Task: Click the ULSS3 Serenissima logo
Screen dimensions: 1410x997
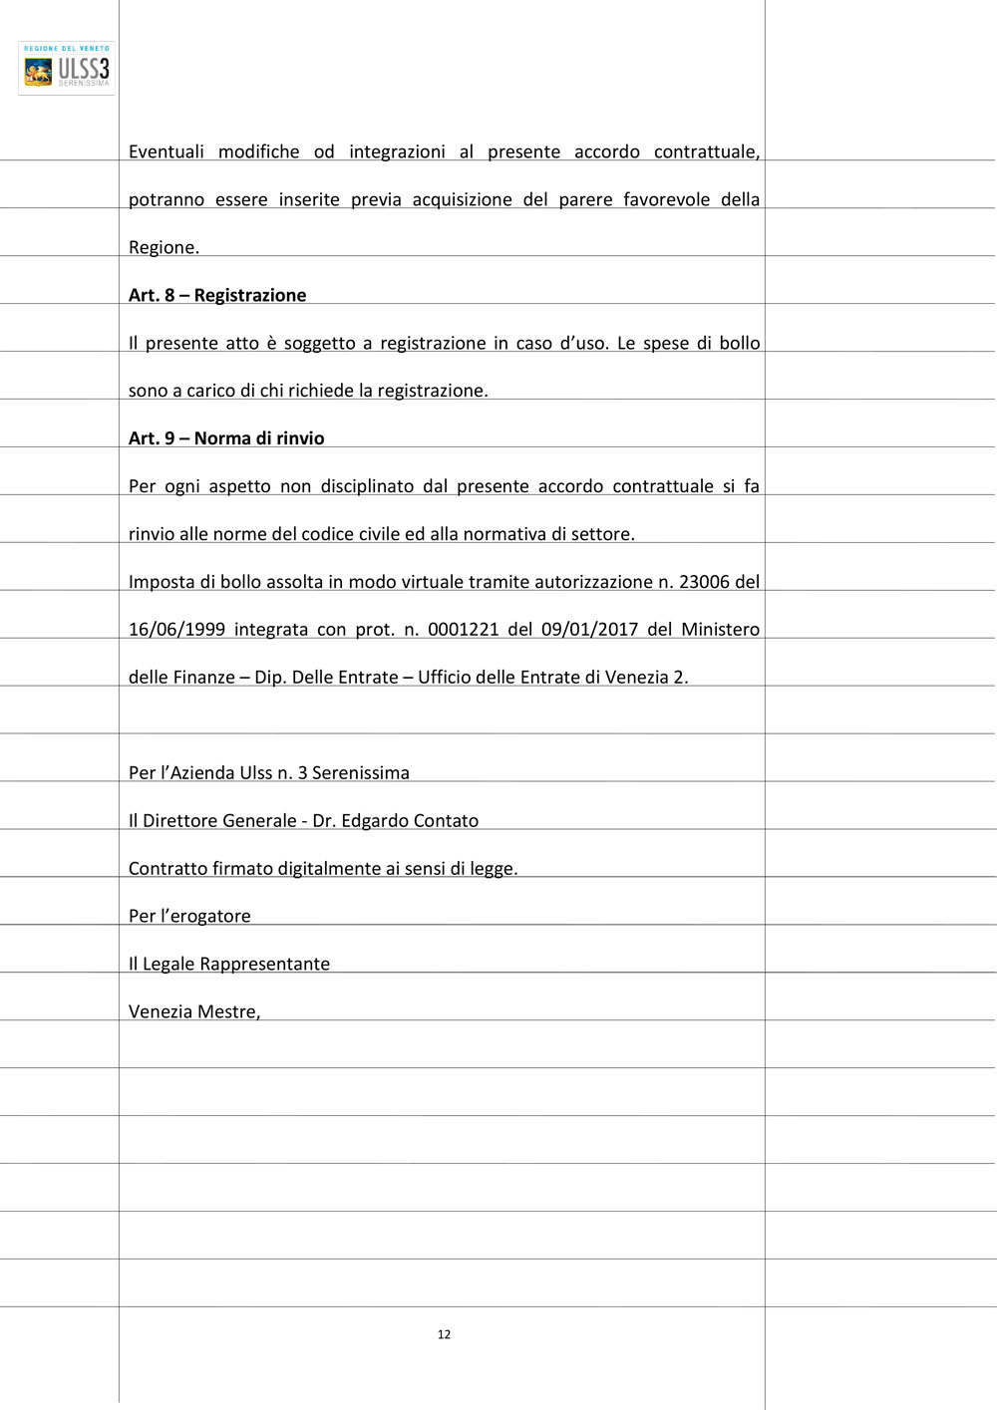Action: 67,68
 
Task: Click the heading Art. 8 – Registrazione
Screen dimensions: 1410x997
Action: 217,295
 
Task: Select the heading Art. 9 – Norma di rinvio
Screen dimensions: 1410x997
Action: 226,438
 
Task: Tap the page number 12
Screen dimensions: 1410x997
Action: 444,1334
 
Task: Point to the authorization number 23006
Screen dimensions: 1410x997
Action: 704,582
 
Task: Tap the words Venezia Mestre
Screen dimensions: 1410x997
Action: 192,1012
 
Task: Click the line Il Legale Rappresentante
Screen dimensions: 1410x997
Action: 229,965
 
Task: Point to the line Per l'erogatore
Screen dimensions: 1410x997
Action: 189,917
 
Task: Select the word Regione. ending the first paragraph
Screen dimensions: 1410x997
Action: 164,248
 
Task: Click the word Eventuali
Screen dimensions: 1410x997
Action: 166,152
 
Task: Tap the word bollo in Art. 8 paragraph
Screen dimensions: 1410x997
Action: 739,344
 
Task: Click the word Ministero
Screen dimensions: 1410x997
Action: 720,630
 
